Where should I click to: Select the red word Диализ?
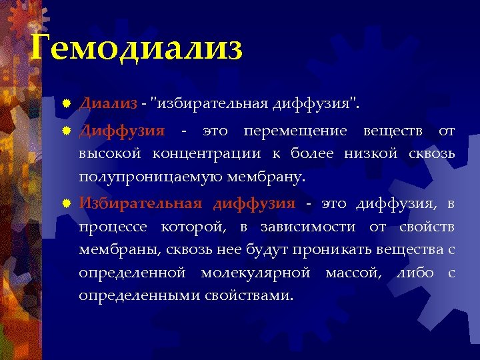(108, 104)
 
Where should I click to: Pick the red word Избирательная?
(140, 204)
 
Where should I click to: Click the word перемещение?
(295, 131)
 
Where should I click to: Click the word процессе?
(113, 228)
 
